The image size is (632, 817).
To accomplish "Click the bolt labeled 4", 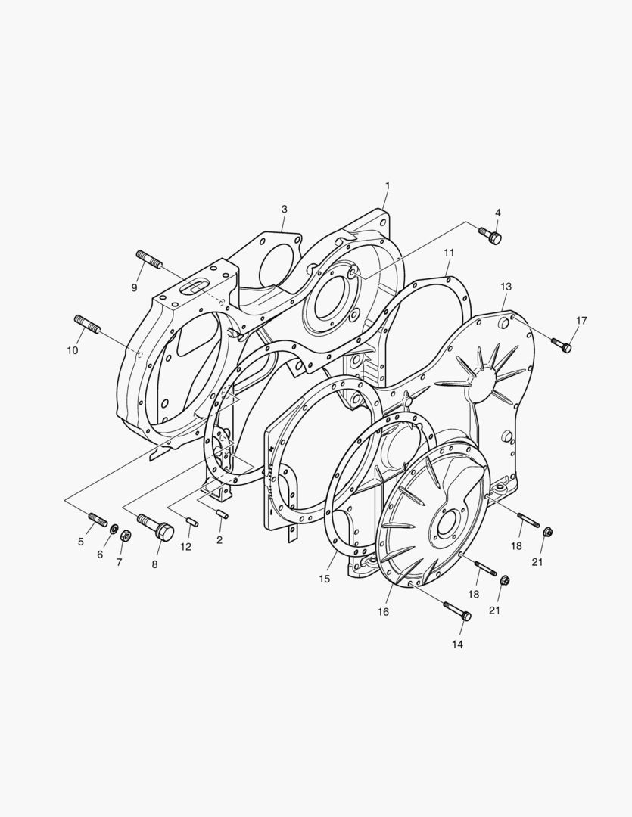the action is click(490, 235).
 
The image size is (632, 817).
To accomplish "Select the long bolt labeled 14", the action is click(457, 611).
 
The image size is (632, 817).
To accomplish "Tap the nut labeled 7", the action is click(126, 535).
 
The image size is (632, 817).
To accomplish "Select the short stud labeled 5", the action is click(98, 519).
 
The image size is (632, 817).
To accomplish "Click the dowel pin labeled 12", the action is click(192, 521).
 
